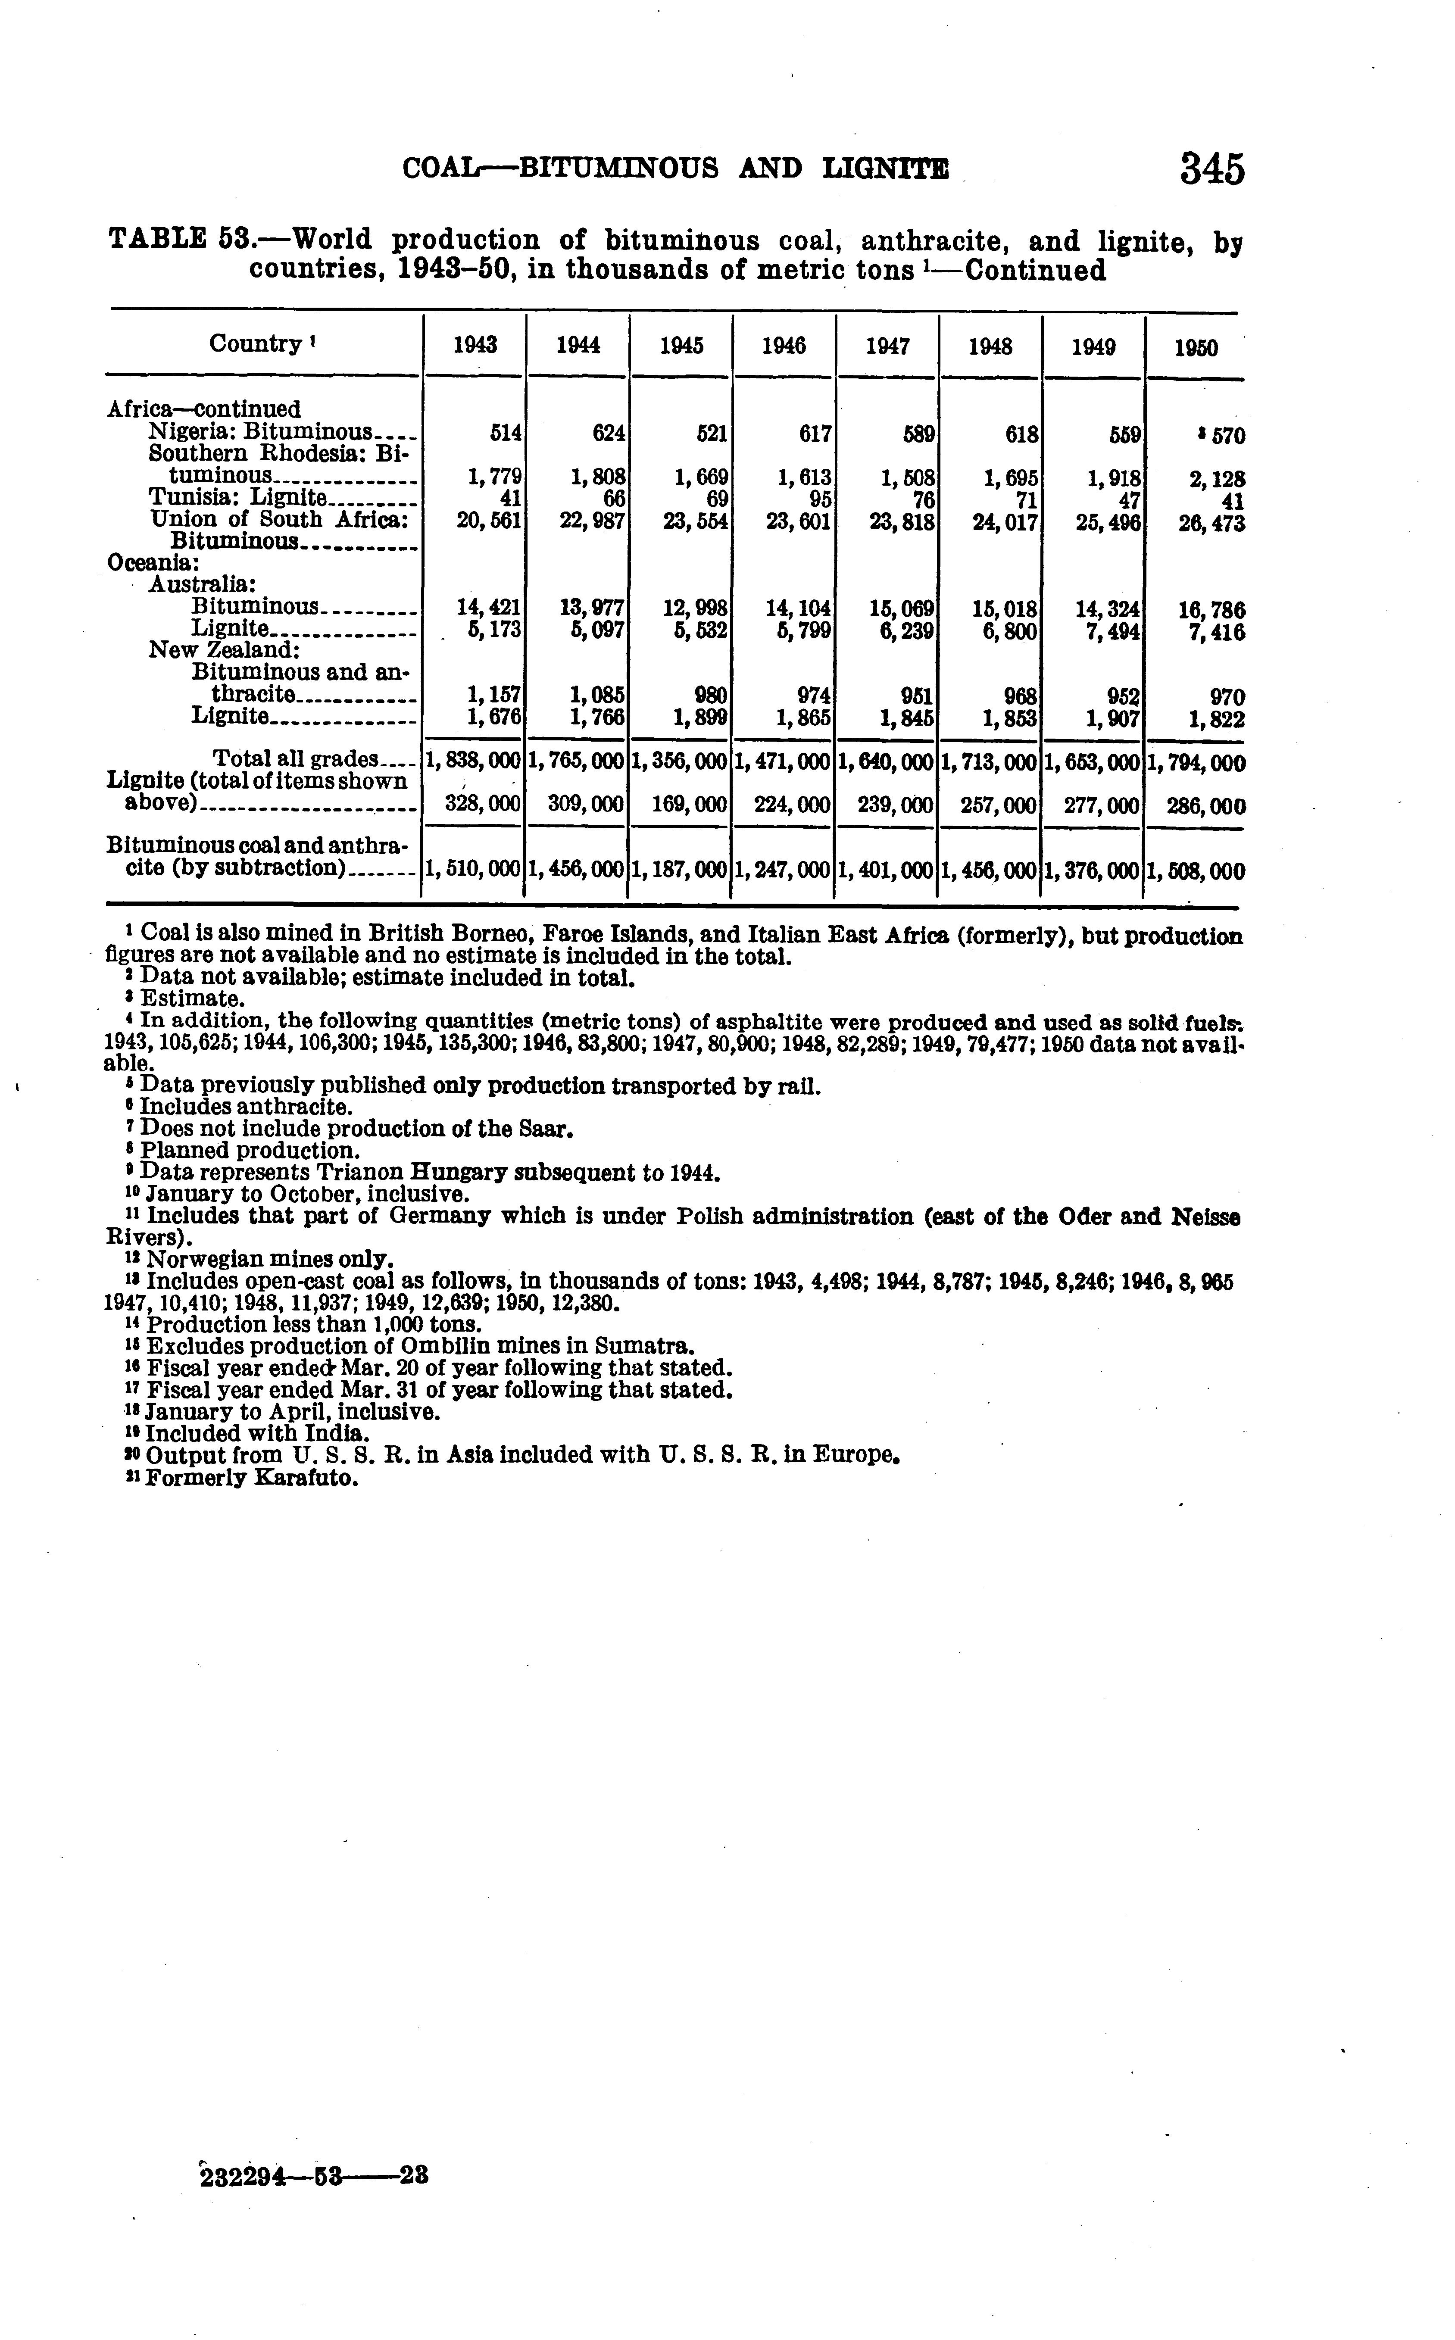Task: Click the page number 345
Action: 1212,169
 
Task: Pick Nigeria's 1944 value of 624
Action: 609,434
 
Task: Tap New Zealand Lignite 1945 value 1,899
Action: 699,718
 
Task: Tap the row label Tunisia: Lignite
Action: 239,497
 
